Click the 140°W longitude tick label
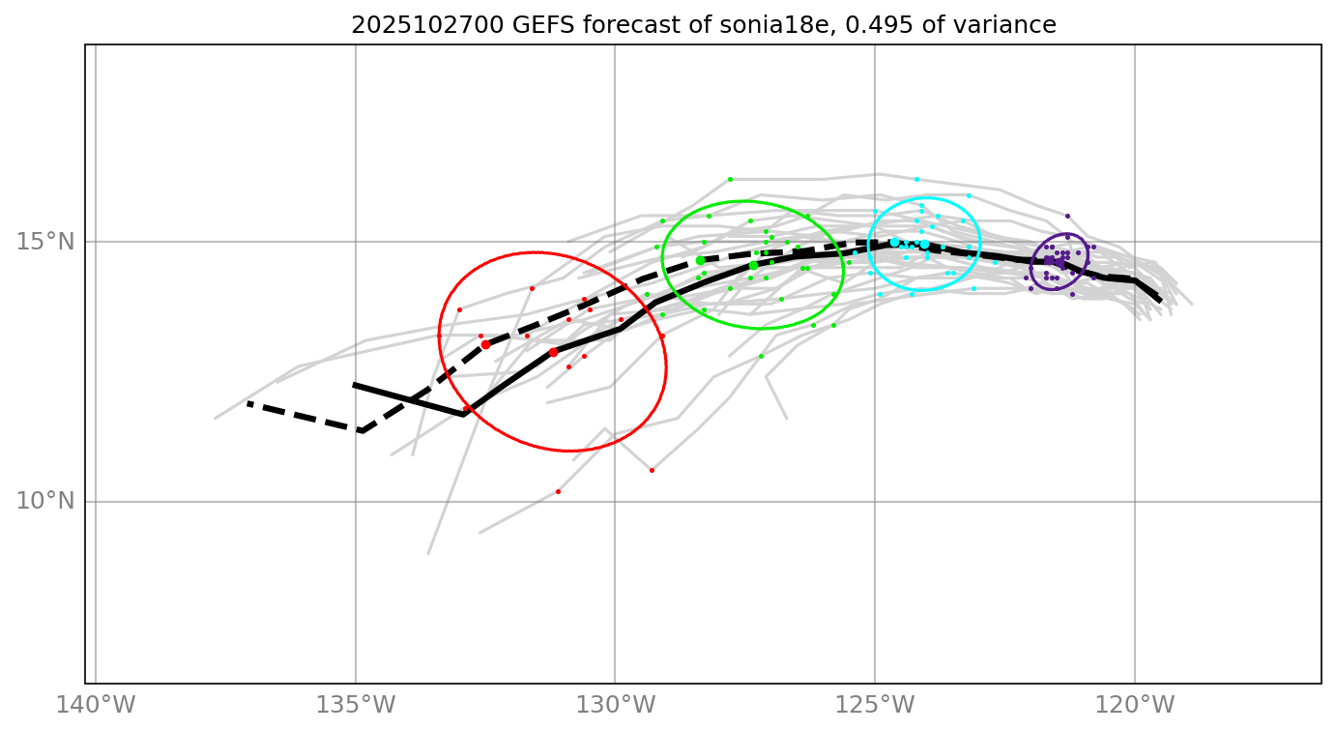(x=96, y=705)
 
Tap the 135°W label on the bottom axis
(x=356, y=705)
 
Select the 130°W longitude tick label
(x=616, y=705)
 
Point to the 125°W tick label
(x=875, y=705)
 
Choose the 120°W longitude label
(x=1135, y=705)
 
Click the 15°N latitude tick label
(x=45, y=241)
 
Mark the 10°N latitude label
(x=45, y=501)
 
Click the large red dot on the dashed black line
(x=485, y=344)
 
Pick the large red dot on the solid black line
(x=553, y=352)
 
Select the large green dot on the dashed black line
(x=700, y=260)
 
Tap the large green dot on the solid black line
(x=753, y=265)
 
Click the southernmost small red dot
(x=558, y=491)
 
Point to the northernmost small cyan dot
(x=916, y=179)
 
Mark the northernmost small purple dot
(x=1067, y=216)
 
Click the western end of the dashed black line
(x=247, y=402)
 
